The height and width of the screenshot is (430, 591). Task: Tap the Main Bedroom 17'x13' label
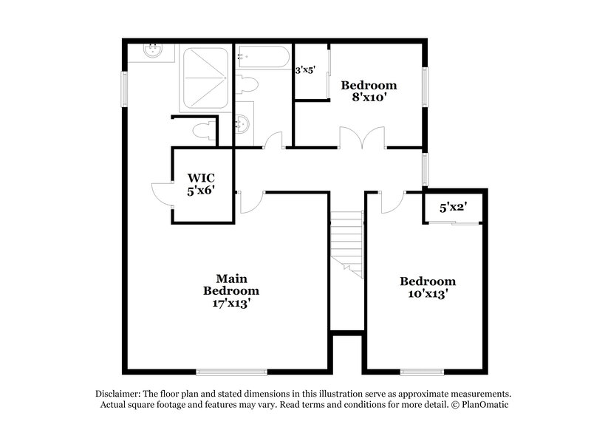coord(230,290)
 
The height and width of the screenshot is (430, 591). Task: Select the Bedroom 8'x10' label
coord(369,91)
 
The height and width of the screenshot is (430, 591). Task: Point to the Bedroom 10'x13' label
coord(428,287)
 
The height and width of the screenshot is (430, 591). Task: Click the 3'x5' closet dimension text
coord(306,71)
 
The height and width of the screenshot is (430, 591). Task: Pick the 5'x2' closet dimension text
coord(451,208)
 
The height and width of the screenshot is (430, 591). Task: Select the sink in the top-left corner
coord(154,51)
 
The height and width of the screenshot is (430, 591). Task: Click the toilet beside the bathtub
coord(247,85)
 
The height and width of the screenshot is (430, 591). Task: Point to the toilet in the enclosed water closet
coord(200,132)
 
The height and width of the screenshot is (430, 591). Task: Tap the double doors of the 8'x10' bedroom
coord(362,138)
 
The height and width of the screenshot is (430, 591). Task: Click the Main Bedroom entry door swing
coord(249,202)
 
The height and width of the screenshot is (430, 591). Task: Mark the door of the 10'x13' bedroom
coord(393,202)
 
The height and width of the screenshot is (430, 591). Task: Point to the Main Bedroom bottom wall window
coord(231,371)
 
